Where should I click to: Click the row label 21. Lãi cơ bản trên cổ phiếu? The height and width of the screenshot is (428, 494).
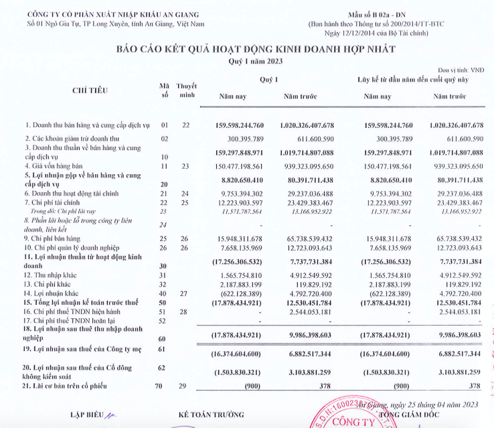(76, 386)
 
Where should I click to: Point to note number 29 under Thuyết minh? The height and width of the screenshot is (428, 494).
(186, 386)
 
